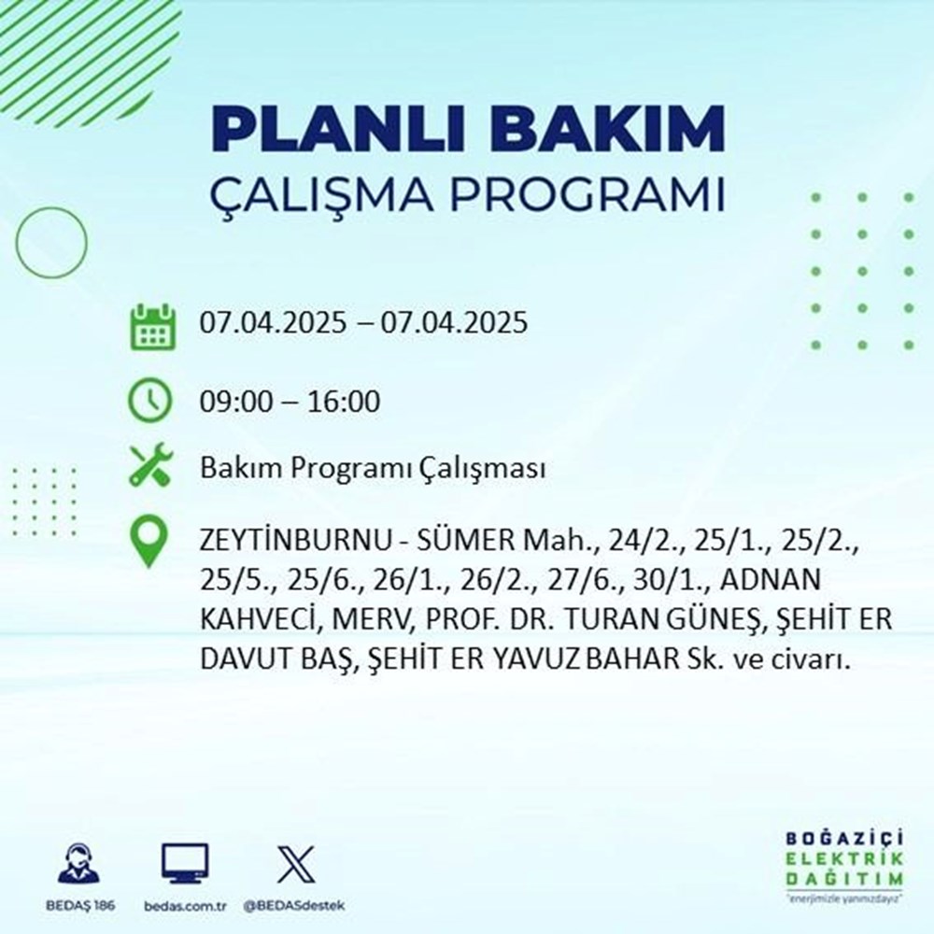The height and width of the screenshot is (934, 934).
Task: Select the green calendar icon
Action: pos(150,325)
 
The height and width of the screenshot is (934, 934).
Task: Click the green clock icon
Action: pos(150,403)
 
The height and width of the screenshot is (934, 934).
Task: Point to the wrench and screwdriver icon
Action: pos(150,466)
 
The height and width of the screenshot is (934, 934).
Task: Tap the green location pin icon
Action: pos(150,543)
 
